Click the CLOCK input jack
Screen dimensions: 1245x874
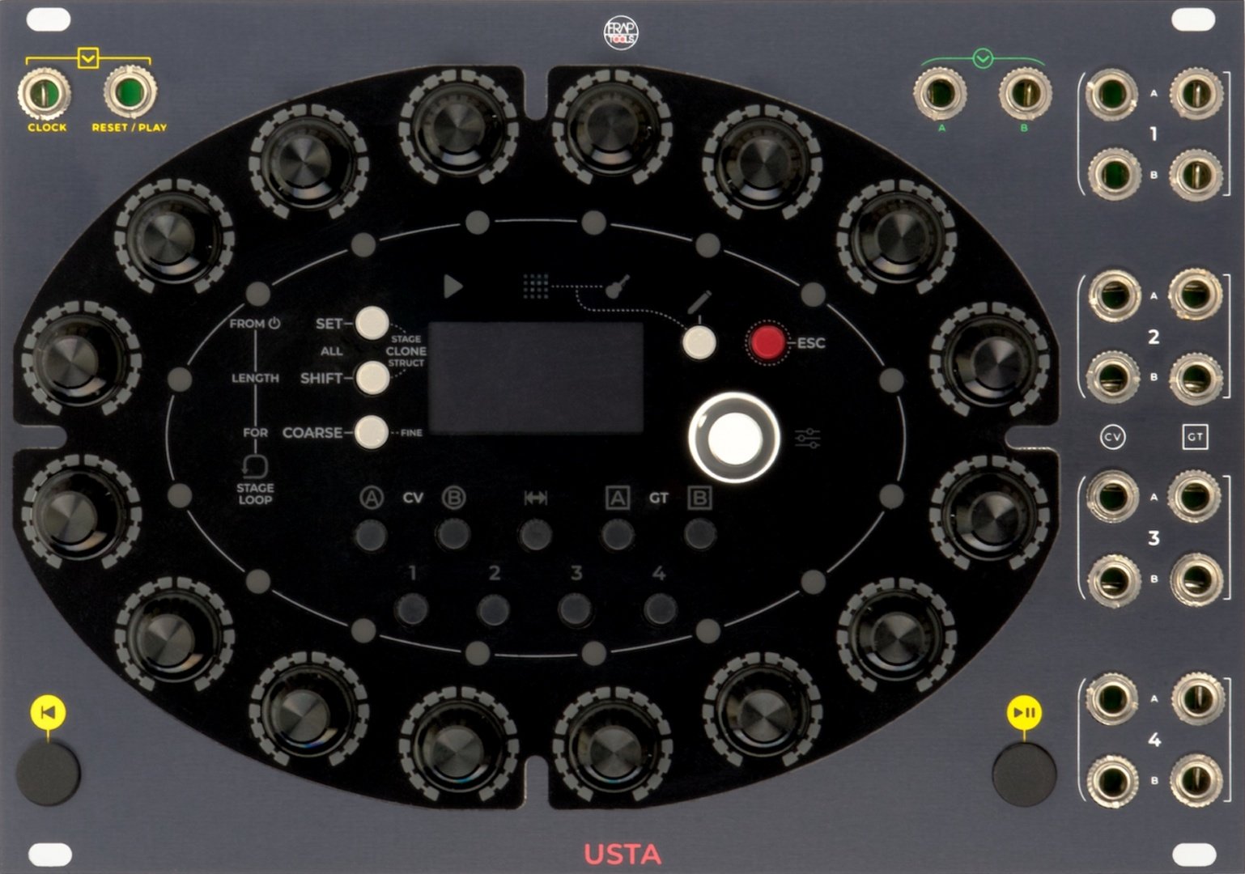click(x=45, y=93)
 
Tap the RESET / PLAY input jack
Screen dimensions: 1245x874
click(x=130, y=91)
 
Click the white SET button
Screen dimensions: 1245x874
click(x=372, y=323)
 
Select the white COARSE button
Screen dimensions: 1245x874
click(x=372, y=431)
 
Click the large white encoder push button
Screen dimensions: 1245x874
click(x=734, y=438)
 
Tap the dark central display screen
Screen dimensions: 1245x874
click(x=536, y=378)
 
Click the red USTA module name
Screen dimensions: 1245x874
click(x=622, y=854)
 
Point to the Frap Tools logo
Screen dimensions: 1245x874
click(x=621, y=33)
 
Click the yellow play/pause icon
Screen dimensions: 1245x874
click(x=1024, y=712)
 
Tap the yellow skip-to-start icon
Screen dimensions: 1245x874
click(x=49, y=712)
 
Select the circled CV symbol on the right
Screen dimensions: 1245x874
click(x=1113, y=437)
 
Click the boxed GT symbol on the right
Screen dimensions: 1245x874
click(x=1195, y=437)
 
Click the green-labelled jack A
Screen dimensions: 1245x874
click(x=941, y=93)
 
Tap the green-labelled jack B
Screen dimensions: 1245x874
click(x=1026, y=93)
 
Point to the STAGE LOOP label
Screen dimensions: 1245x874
click(x=255, y=494)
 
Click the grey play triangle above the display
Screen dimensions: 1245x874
click(x=453, y=286)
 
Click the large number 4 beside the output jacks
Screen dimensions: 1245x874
click(x=1154, y=740)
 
